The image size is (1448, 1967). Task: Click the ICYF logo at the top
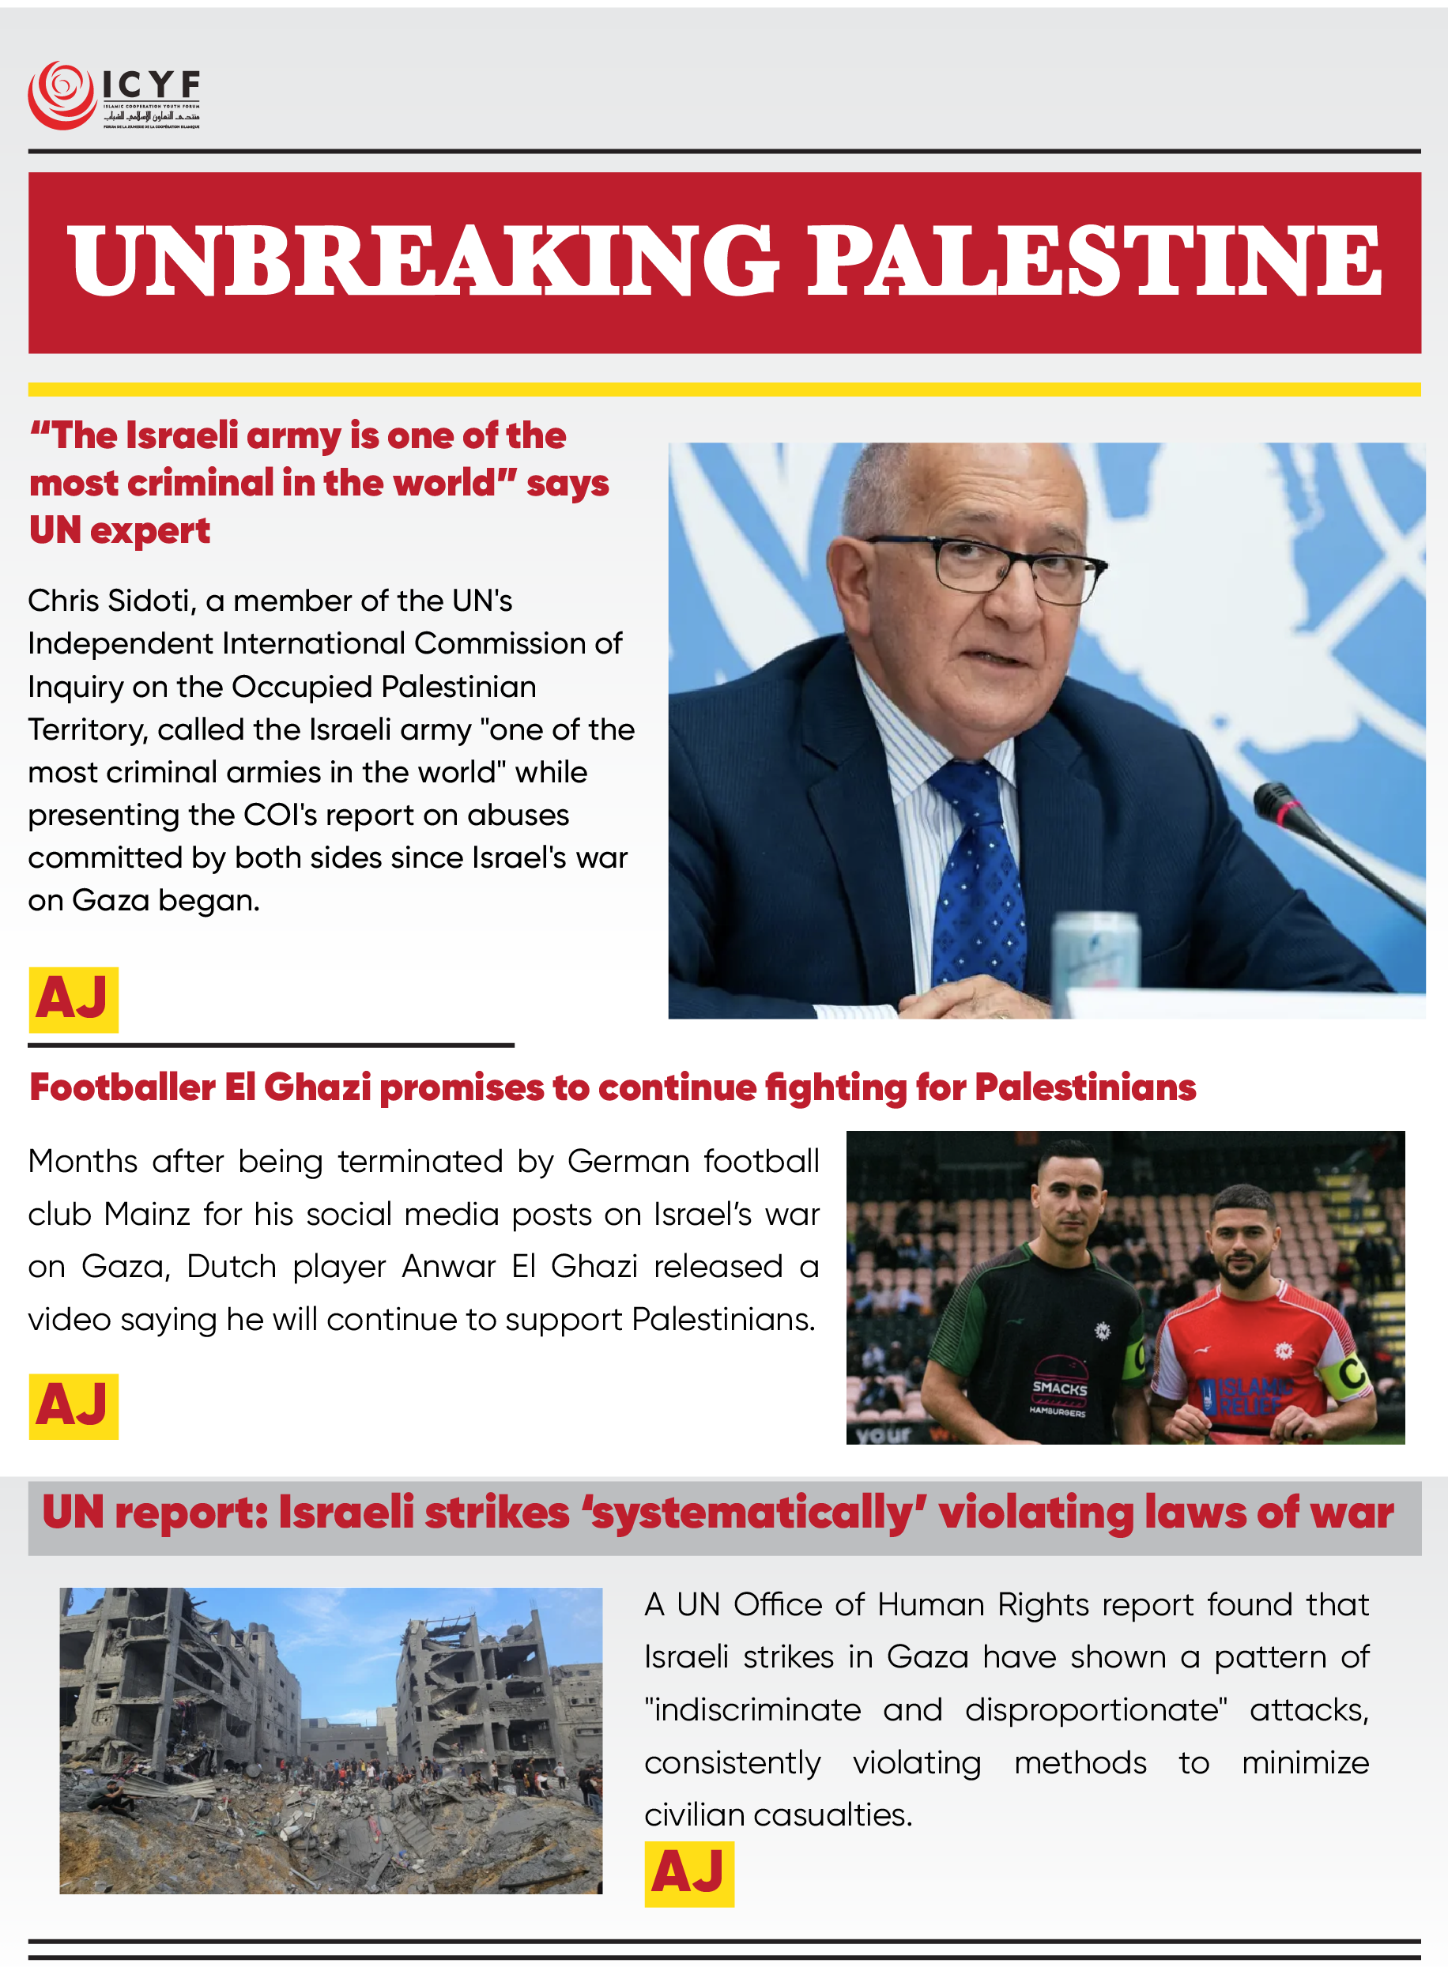[x=114, y=96]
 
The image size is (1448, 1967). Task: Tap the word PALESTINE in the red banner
[x=1093, y=260]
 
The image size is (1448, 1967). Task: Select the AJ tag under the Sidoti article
[x=74, y=999]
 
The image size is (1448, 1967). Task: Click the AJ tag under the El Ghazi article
[x=74, y=1405]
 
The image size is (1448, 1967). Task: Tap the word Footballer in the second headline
[x=122, y=1087]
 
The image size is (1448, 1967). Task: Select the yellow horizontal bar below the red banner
[x=724, y=389]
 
